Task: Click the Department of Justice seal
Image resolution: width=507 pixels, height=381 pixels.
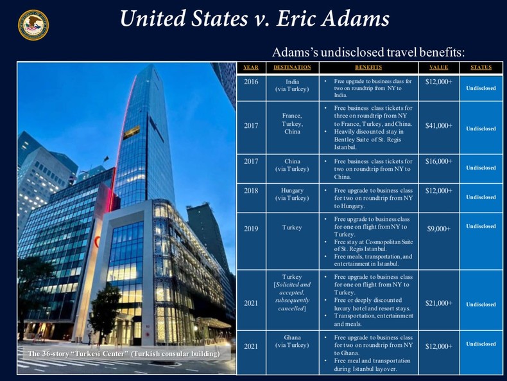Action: (x=33, y=24)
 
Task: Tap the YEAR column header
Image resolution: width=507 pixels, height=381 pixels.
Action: (x=251, y=67)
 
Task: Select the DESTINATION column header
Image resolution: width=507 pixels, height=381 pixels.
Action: (x=291, y=67)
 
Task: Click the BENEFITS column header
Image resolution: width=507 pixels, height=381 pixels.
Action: (x=368, y=67)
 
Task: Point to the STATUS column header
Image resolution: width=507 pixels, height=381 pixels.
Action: (x=481, y=67)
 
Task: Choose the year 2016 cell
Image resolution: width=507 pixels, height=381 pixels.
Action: (x=251, y=82)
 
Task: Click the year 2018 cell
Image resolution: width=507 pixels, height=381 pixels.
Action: (x=251, y=191)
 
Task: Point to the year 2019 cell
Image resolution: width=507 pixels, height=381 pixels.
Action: (x=251, y=228)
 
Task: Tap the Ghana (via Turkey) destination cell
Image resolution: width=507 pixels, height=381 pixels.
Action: (x=291, y=341)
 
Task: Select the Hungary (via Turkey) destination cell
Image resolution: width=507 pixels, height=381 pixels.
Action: (x=291, y=194)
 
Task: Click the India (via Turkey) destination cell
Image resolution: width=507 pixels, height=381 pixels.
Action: (x=291, y=85)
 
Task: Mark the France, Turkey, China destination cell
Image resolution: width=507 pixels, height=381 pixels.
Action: (x=291, y=123)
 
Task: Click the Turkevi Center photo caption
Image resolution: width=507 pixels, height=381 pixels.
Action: (x=124, y=354)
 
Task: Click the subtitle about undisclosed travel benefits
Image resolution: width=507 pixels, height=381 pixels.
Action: (x=368, y=51)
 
